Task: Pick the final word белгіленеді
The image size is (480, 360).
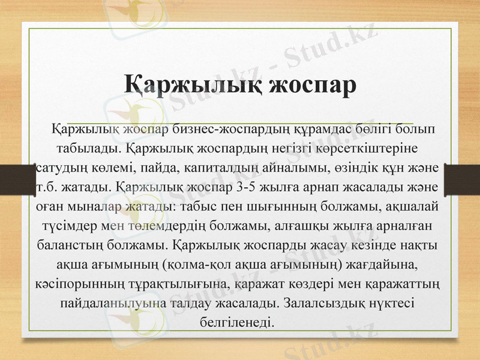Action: point(239,323)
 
